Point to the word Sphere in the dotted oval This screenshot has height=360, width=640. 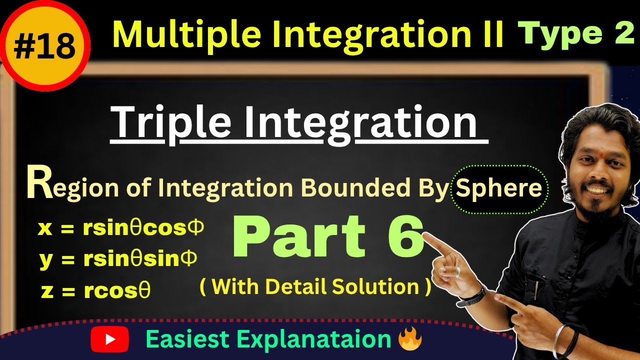point(499,188)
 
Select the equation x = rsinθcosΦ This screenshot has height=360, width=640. point(120,228)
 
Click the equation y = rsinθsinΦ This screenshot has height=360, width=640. point(118,259)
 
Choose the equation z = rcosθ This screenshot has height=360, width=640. point(95,291)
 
